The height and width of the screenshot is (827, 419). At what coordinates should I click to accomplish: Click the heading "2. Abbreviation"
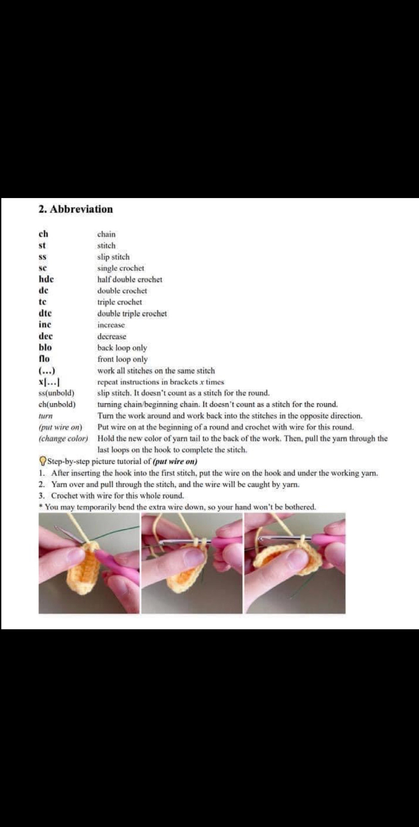pos(76,209)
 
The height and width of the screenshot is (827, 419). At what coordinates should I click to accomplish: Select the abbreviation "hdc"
pos(46,279)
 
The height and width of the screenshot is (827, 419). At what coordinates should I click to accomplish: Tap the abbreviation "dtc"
pos(45,313)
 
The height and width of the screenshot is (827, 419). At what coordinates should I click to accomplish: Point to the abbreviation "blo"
pos(45,347)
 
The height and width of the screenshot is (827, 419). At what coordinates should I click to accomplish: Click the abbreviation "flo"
pos(44,359)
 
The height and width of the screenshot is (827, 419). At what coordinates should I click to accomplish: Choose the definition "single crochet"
pos(121,268)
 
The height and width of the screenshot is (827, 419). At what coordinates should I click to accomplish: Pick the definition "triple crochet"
pos(120,302)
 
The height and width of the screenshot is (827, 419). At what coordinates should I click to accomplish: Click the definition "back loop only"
pos(122,348)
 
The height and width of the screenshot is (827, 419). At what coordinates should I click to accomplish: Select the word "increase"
pos(111,325)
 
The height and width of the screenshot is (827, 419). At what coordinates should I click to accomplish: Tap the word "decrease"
pos(112,336)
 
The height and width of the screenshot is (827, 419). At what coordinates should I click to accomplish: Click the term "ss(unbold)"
pos(57,393)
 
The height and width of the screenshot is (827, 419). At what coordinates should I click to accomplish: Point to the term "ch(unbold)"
pos(57,405)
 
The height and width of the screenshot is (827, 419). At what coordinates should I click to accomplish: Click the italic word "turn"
pos(45,416)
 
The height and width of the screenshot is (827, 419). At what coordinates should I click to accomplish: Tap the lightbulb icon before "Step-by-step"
pos(43,461)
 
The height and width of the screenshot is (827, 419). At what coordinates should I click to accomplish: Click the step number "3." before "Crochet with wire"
pos(41,496)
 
